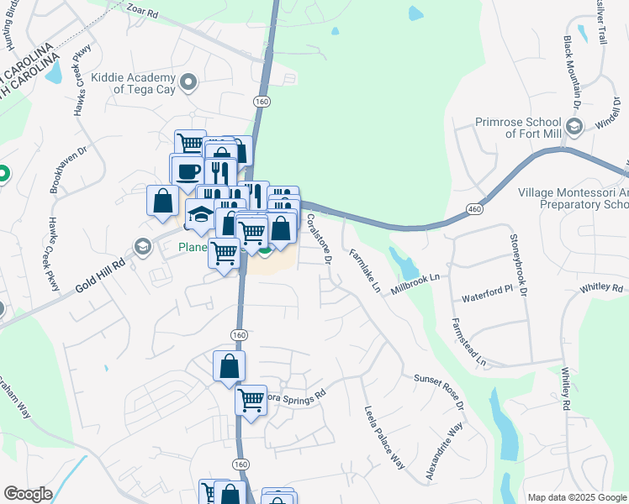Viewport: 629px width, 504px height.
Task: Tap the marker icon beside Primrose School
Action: [574, 127]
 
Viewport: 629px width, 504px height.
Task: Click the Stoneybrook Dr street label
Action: [517, 265]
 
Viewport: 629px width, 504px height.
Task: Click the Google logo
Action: [28, 493]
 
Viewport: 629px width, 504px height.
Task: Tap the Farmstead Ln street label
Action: [468, 343]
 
